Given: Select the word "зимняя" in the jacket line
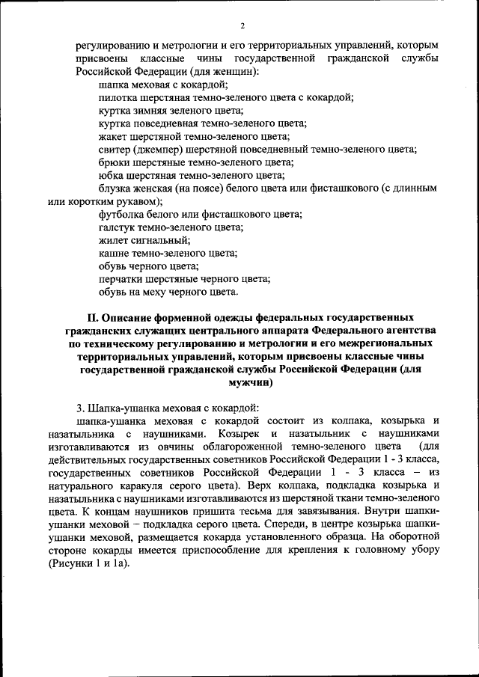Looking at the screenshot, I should point(149,111).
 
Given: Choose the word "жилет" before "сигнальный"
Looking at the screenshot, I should point(113,240).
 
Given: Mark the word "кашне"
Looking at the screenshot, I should point(113,253).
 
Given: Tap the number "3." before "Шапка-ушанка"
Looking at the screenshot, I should point(81,408).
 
